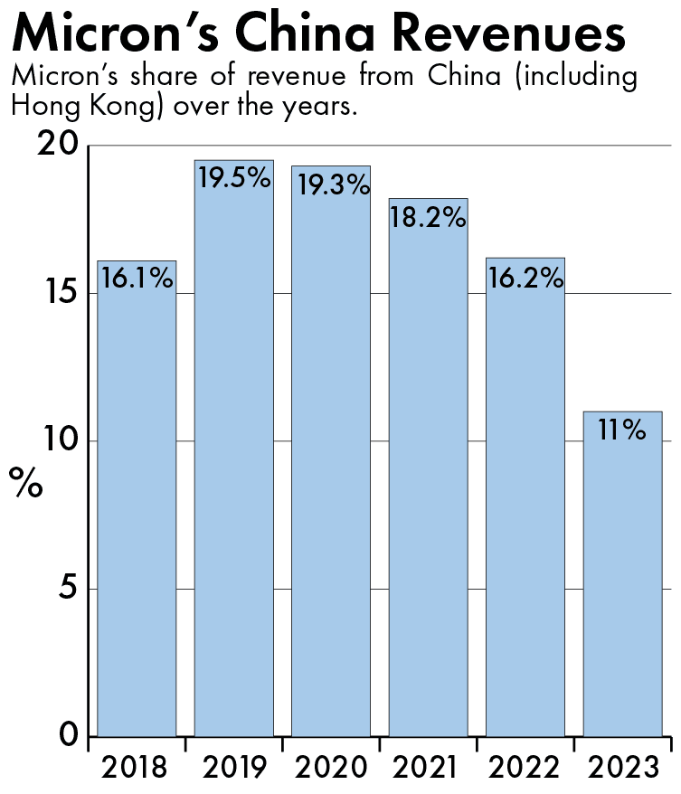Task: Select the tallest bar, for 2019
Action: point(234,452)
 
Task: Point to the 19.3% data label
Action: point(331,186)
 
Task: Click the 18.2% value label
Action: point(428,218)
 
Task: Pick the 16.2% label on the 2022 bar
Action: point(525,278)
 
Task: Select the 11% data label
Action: point(622,430)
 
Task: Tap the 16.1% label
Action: point(137,279)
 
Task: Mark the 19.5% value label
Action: point(234,178)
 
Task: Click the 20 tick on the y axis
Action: point(58,147)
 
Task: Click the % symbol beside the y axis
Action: point(26,483)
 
